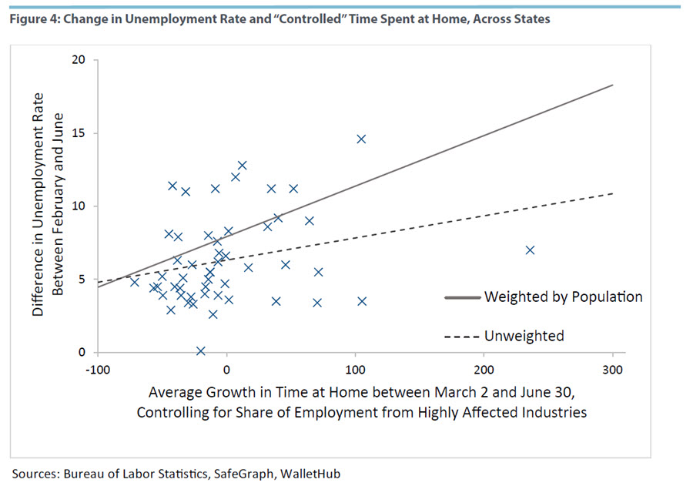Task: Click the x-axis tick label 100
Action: click(356, 369)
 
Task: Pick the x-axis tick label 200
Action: click(484, 369)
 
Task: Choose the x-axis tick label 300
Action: click(612, 369)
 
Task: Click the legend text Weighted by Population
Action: click(563, 297)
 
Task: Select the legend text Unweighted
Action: click(524, 336)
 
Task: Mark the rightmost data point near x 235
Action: click(530, 250)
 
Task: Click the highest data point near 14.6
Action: click(361, 139)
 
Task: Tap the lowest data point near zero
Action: click(201, 351)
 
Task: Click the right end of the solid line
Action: click(612, 85)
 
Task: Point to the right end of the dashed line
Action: click(612, 193)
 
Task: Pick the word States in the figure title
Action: click(531, 19)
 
